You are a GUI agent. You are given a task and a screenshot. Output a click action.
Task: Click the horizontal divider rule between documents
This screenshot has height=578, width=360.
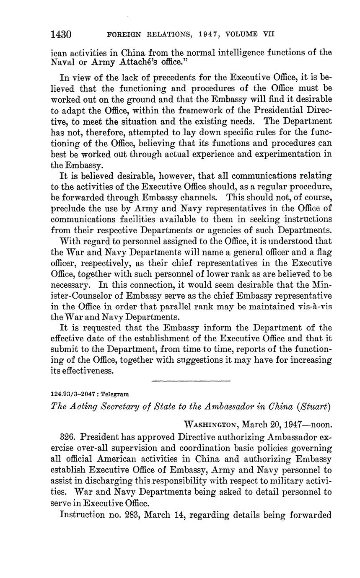point(191,381)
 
